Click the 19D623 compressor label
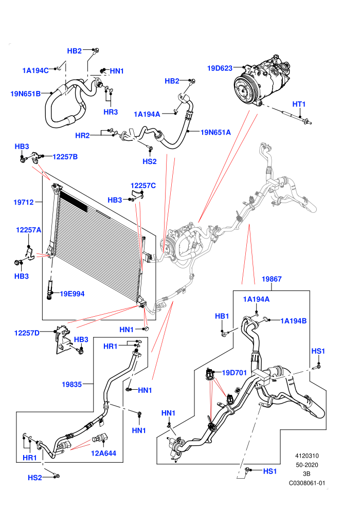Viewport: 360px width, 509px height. click(x=220, y=68)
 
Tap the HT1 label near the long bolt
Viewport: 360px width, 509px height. click(x=299, y=104)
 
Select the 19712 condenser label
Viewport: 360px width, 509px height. click(x=23, y=202)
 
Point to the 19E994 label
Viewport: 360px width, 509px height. click(x=72, y=294)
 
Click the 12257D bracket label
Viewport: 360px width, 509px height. click(x=27, y=333)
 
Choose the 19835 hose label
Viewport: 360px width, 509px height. click(x=71, y=385)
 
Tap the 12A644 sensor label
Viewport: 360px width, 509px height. click(x=103, y=453)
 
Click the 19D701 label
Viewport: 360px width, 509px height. click(x=235, y=373)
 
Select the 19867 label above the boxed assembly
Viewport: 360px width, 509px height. click(x=272, y=279)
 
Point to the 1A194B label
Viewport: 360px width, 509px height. click(x=294, y=321)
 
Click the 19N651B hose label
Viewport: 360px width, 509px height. click(x=26, y=94)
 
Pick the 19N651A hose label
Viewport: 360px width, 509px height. click(x=215, y=132)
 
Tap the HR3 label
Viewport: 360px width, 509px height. click(x=111, y=112)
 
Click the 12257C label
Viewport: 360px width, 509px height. click(x=143, y=186)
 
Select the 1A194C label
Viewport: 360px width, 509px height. click(x=35, y=70)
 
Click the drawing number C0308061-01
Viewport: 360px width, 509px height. click(x=307, y=483)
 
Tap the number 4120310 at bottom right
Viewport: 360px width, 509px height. click(x=307, y=456)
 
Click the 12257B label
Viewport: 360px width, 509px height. click(x=65, y=157)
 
